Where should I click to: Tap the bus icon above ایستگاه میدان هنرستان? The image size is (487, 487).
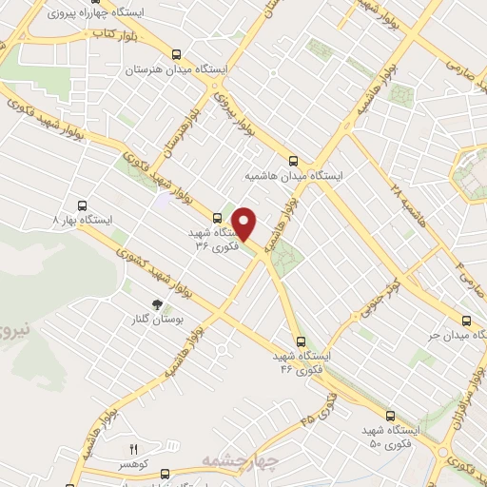coord(175,55)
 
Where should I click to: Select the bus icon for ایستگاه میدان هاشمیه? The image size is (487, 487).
coord(293,161)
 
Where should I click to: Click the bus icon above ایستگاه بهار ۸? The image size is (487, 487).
coord(82,205)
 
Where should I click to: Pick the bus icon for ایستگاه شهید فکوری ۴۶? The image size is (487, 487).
coord(301,341)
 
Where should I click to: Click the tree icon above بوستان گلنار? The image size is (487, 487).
coord(144,303)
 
